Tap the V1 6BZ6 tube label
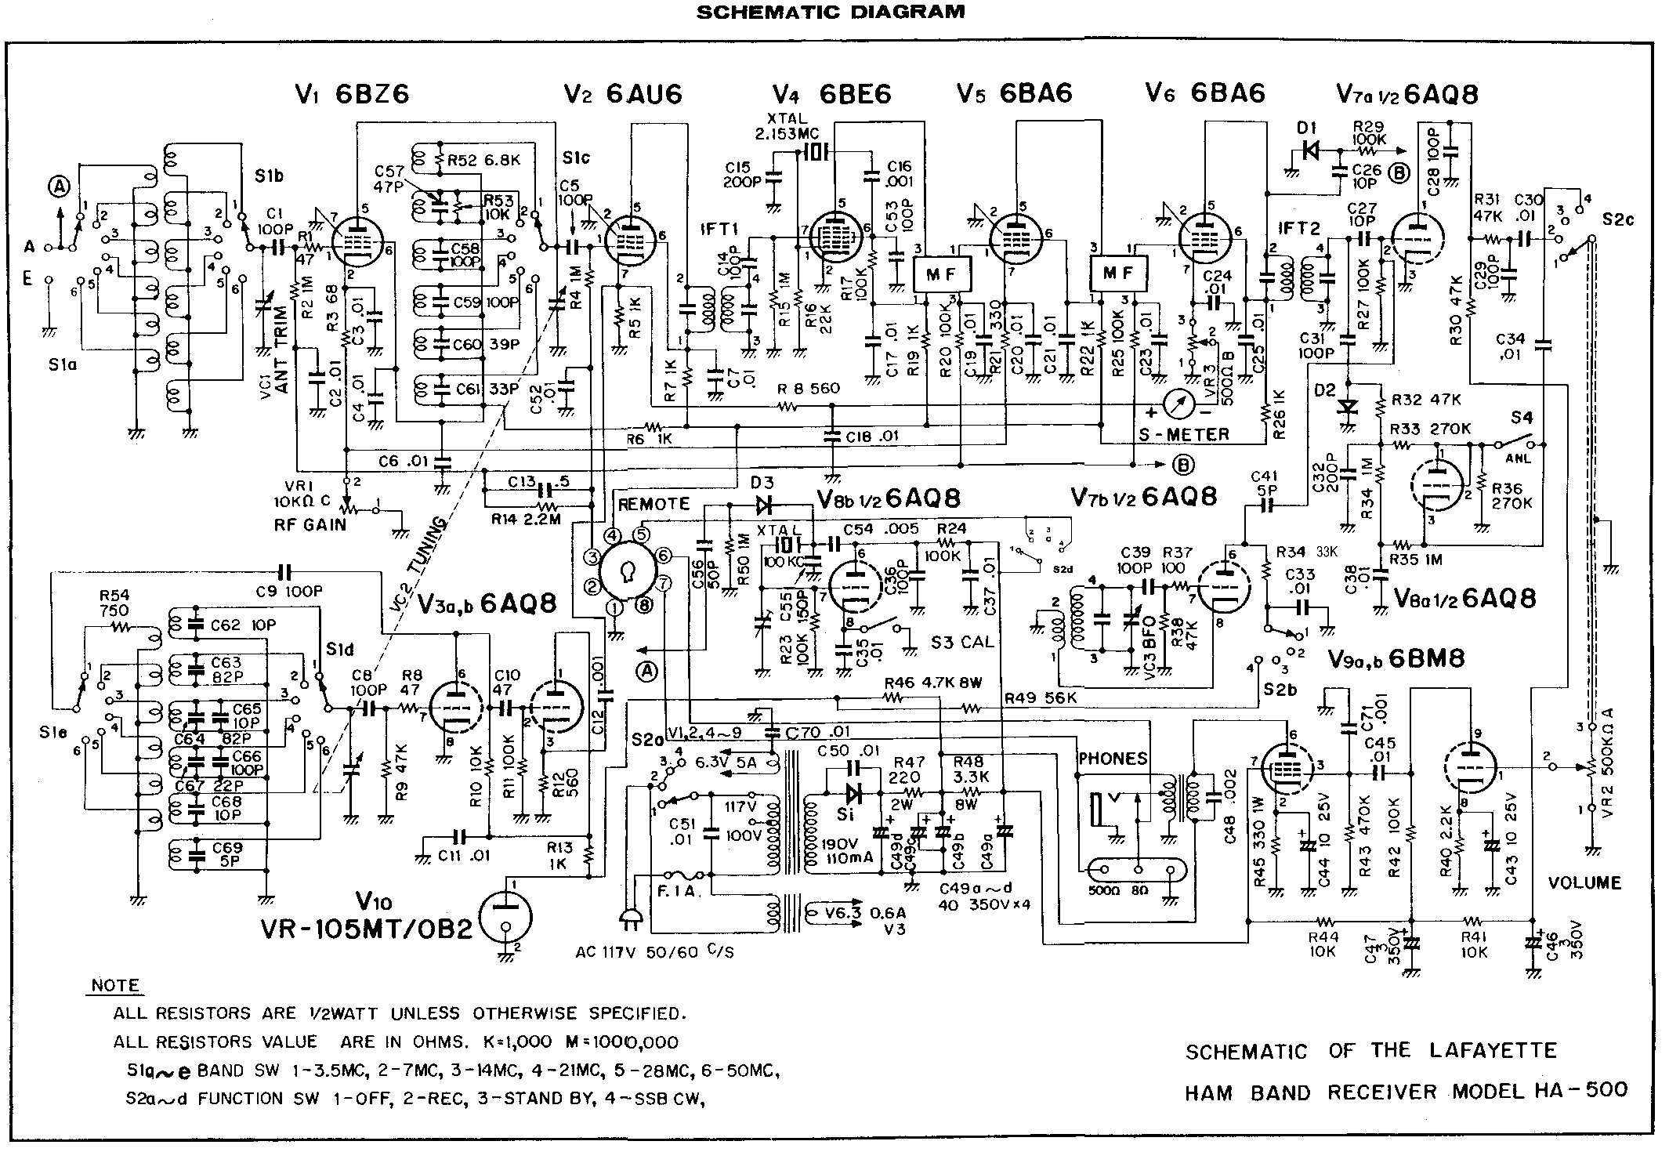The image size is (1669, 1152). pos(352,94)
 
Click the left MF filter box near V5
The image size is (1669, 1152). pos(943,274)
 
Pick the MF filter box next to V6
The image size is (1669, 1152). pos(1118,274)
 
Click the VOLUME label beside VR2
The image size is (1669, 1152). pos(1584,883)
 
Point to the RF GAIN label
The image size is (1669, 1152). pos(314,524)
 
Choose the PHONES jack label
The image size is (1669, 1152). pos(1113,758)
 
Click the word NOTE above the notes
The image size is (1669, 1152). pos(116,986)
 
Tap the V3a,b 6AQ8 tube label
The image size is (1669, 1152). pos(487,603)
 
